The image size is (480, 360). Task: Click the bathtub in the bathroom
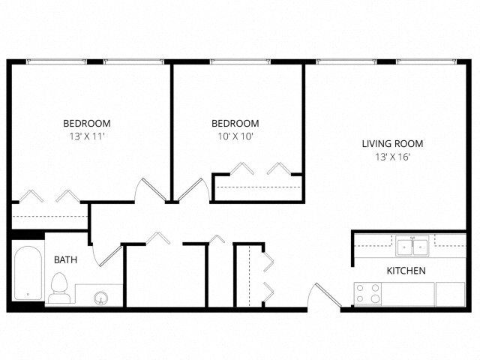[x=28, y=273]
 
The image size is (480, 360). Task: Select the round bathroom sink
[x=100, y=297]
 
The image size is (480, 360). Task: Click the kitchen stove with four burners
[x=367, y=293]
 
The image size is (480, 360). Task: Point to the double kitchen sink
[x=412, y=246]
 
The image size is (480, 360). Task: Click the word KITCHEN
[x=406, y=271]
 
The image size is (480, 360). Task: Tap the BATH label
[x=65, y=260]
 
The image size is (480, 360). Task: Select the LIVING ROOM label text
[x=392, y=143]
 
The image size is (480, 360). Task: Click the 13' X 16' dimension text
[x=392, y=157]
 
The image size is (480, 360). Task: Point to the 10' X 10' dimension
[x=235, y=136]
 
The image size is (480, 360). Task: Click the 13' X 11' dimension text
[x=87, y=136]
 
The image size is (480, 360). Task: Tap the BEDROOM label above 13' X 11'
[x=87, y=123]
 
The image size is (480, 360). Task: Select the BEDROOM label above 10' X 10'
[x=235, y=123]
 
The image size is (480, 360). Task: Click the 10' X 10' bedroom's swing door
[x=190, y=190]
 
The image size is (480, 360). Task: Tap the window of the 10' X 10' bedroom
[x=240, y=61]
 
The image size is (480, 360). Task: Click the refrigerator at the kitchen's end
[x=450, y=293]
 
